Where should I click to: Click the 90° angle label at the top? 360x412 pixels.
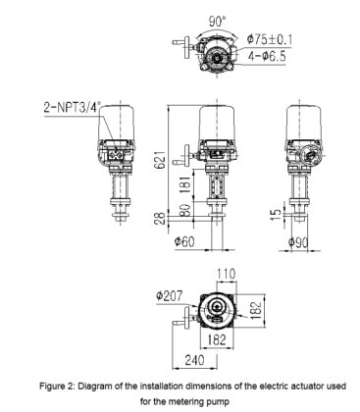pos(217,22)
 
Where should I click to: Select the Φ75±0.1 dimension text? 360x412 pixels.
pos(270,39)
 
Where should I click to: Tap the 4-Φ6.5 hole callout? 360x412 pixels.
pos(267,56)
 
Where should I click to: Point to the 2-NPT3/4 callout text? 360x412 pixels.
pos(72,107)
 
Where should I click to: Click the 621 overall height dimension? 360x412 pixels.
pos(160,160)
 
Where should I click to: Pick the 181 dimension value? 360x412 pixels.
pos(185,184)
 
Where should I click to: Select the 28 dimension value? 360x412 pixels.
pos(160,219)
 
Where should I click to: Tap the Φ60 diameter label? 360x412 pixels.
pos(184,242)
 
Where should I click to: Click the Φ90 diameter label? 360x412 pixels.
pos(298,242)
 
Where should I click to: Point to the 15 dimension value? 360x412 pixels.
pos(277,214)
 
